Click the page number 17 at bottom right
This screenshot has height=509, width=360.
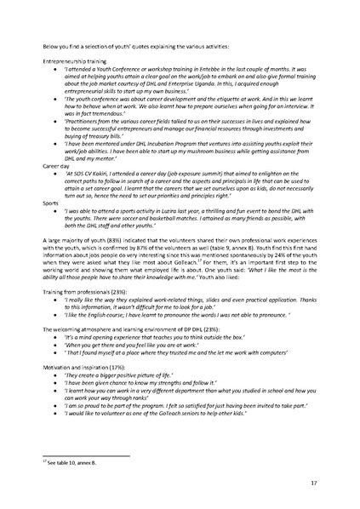pyautogui.click(x=314, y=482)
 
